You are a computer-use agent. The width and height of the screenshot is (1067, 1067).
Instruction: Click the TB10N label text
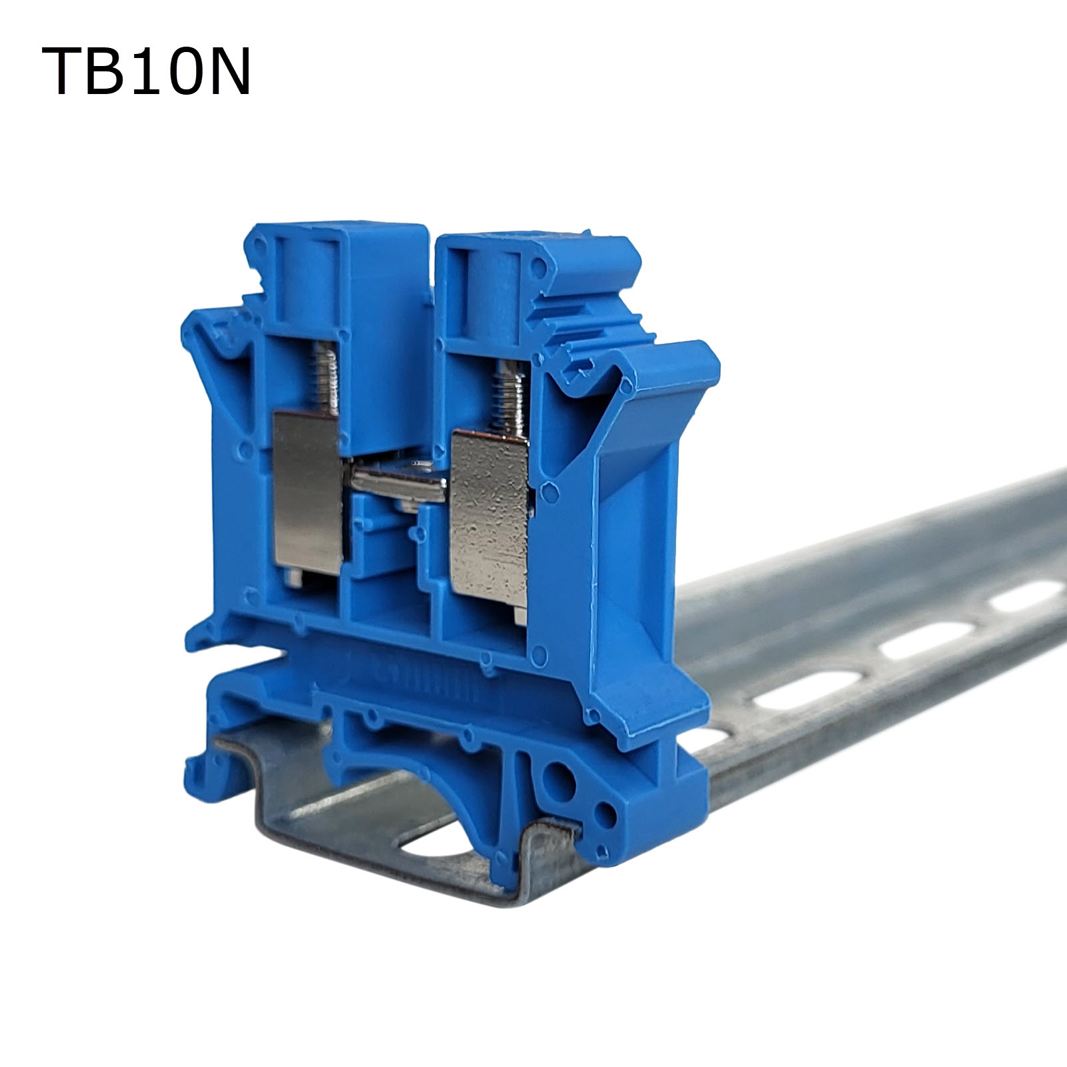[146, 72]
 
